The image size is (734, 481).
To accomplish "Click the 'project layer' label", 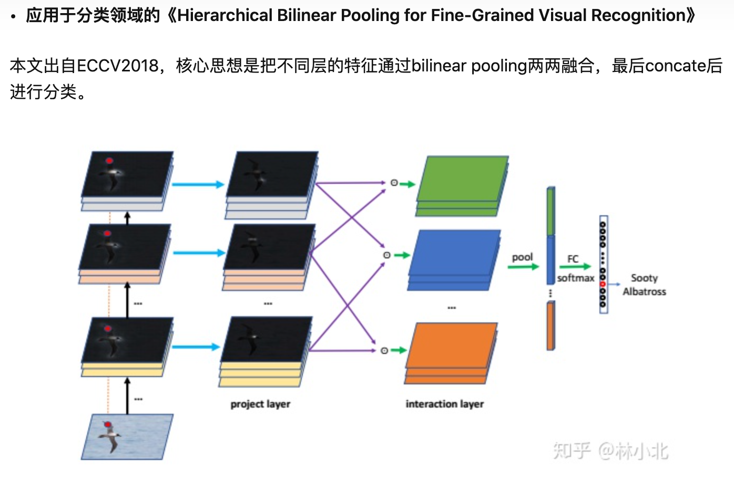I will click(x=260, y=404).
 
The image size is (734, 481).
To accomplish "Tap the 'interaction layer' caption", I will click(x=444, y=404).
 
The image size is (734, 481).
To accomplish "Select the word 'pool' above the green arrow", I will click(x=522, y=257).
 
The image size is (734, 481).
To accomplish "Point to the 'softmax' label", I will click(x=575, y=278).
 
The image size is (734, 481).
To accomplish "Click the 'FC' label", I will click(x=573, y=259).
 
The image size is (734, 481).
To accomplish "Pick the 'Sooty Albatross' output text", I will click(x=644, y=285).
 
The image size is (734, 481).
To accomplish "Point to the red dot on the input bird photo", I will click(x=108, y=424).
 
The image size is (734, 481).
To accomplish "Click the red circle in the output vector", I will click(x=603, y=284).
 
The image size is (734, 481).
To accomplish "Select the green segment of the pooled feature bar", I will click(x=550, y=211).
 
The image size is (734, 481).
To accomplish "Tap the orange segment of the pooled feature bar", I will click(x=550, y=326).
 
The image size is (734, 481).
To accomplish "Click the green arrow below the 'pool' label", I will click(x=523, y=267).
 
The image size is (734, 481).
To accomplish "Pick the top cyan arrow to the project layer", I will click(x=198, y=184).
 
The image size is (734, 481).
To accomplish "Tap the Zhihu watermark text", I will click(x=610, y=451).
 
